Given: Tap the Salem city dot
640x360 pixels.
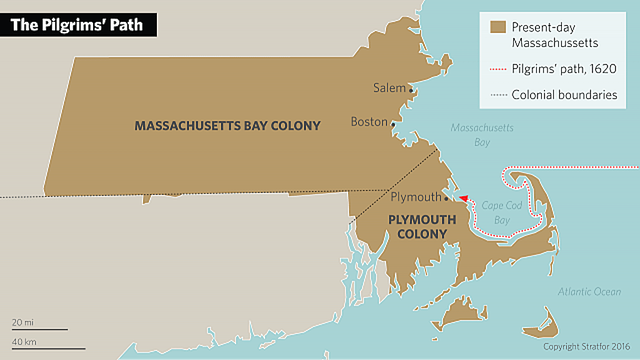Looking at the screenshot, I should click(x=411, y=90).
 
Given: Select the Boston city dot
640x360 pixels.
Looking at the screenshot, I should click(x=393, y=124).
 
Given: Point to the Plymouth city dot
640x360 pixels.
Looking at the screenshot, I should click(x=446, y=199).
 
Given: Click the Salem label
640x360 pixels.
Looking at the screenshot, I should click(x=389, y=87).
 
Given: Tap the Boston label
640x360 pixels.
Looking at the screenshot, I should click(x=369, y=122).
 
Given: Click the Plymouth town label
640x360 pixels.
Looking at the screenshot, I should click(x=416, y=197).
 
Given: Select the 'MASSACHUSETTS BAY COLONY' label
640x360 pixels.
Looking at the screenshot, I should click(x=227, y=126).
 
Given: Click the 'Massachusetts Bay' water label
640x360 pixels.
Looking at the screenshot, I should click(x=482, y=135).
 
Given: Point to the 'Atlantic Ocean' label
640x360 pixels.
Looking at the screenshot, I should click(x=589, y=292).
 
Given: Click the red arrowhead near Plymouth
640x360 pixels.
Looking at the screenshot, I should click(x=464, y=198).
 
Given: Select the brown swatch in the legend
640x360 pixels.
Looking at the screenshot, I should click(x=497, y=27).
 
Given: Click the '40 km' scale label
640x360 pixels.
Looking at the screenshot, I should click(x=24, y=342).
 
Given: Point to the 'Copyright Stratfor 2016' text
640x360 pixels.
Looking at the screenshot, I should click(x=587, y=346).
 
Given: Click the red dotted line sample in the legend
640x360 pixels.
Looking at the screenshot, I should click(x=497, y=69).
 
